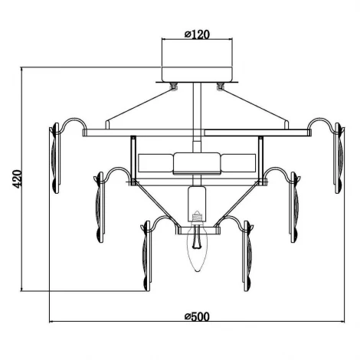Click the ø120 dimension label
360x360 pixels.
point(197,34)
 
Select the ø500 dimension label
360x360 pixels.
point(197,316)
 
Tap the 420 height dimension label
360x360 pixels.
point(18,179)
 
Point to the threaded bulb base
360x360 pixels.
point(197,216)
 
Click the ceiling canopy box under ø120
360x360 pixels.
point(197,74)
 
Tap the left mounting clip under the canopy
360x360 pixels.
point(174,86)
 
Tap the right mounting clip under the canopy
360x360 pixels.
point(220,86)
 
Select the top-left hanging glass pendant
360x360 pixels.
point(55,158)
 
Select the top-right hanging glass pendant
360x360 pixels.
point(339,158)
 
